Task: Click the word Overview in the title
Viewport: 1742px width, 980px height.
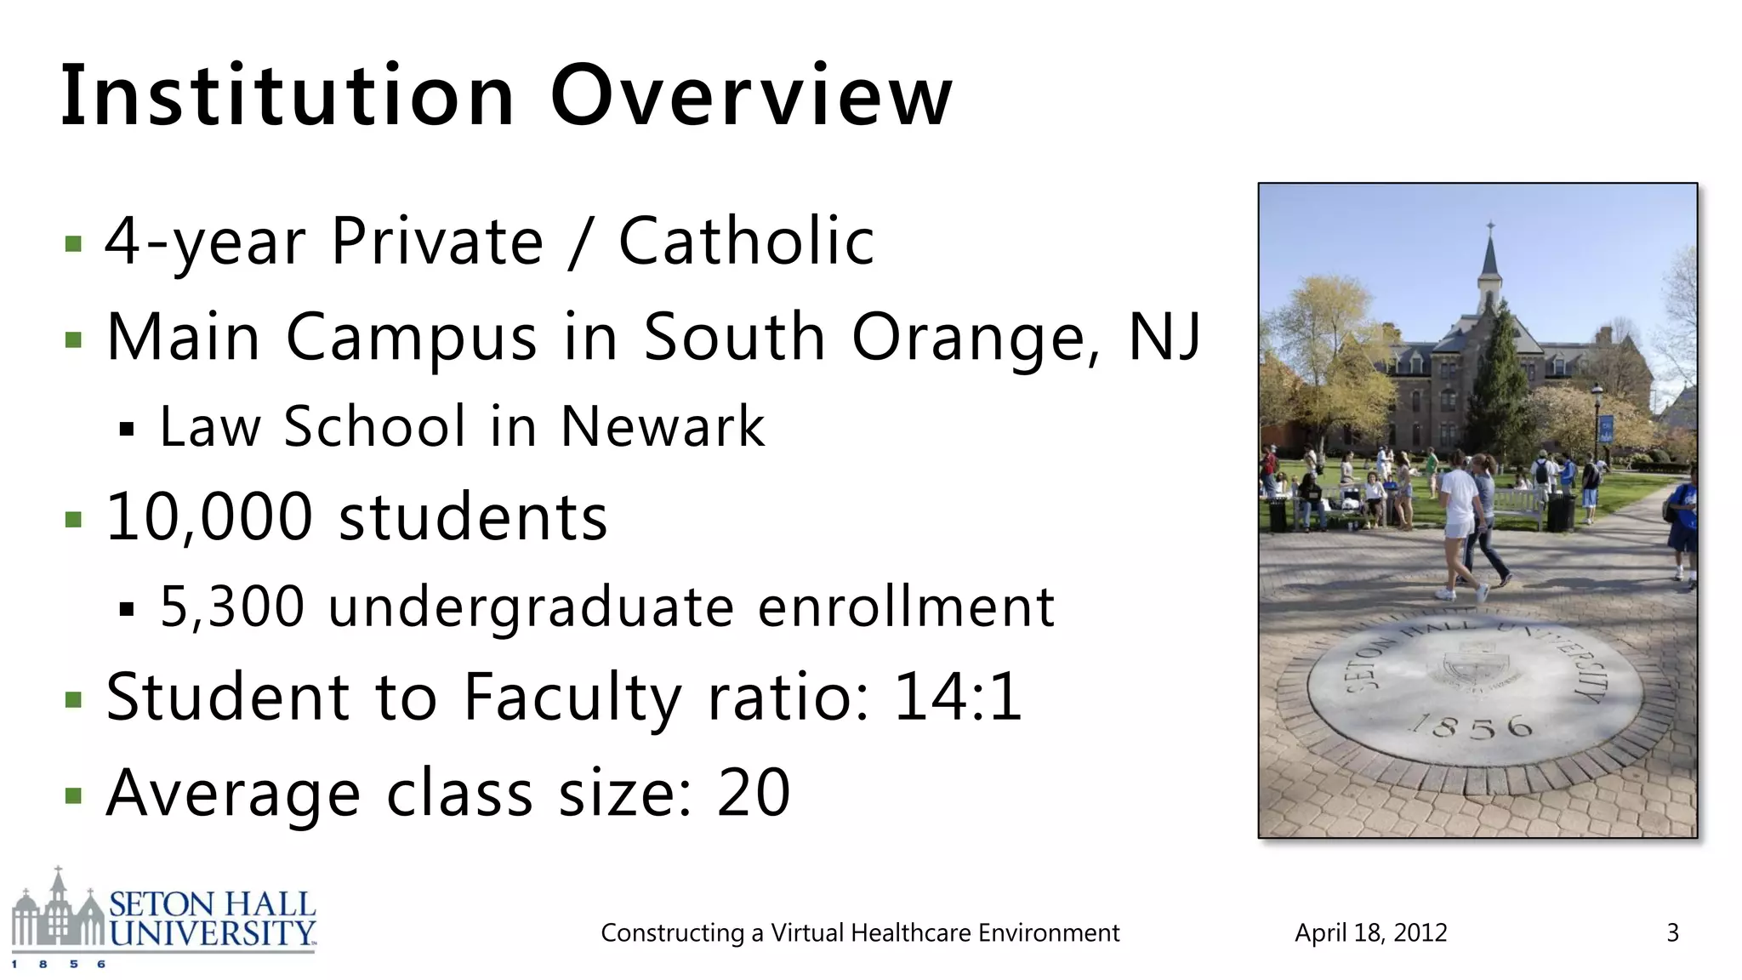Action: (751, 95)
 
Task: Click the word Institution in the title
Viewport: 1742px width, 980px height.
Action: (287, 95)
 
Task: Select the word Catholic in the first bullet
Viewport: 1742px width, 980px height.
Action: (746, 242)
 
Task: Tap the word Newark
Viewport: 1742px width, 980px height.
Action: (663, 426)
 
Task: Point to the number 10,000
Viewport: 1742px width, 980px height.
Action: (209, 516)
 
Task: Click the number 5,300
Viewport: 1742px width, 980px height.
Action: (232, 607)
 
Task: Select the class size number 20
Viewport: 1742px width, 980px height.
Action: (754, 792)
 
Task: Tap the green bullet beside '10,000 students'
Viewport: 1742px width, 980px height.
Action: (74, 519)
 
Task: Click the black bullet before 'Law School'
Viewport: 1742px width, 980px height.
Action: (128, 429)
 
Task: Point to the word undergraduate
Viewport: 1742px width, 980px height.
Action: (531, 608)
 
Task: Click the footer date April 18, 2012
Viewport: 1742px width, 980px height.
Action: (1370, 933)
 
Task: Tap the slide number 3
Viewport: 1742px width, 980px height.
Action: (1672, 933)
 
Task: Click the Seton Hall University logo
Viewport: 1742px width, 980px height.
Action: (163, 919)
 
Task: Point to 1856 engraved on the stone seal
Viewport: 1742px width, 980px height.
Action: (1472, 726)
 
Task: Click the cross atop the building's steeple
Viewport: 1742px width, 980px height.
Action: (1490, 228)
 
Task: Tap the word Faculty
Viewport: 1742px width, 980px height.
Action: (572, 698)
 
